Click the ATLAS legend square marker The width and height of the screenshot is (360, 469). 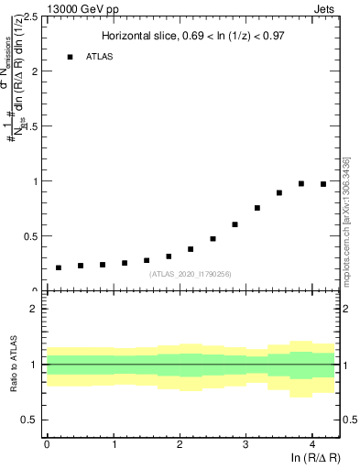tap(70, 57)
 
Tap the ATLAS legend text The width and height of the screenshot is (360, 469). tap(102, 57)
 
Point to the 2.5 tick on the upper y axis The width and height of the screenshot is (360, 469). tap(32, 16)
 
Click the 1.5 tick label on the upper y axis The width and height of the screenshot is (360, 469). tap(32, 126)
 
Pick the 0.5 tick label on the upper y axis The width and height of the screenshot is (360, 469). tap(32, 236)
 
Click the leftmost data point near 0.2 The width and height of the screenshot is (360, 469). tap(58, 267)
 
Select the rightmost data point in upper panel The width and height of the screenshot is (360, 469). tap(323, 184)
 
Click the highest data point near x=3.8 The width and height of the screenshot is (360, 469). tap(301, 183)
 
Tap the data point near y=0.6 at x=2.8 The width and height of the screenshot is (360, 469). tap(235, 224)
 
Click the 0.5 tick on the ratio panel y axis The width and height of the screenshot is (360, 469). tap(32, 420)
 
